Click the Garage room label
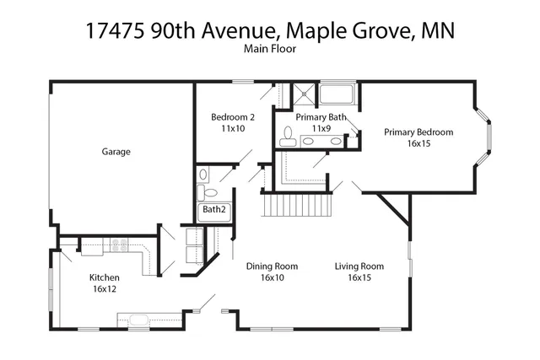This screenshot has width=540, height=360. (116, 152)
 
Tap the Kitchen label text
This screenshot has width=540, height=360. (105, 277)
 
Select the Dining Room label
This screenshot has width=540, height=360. (266, 266)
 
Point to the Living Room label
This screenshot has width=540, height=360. (359, 266)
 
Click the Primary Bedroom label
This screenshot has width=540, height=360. (418, 132)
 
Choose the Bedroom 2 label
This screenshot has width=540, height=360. (233, 116)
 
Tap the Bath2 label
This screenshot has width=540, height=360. (213, 209)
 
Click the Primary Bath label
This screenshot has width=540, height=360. (320, 116)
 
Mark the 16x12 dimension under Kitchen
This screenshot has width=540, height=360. (105, 289)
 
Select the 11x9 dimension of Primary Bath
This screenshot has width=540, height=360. (320, 128)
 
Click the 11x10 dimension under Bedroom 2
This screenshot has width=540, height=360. (233, 128)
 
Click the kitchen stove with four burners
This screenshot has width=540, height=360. (118, 246)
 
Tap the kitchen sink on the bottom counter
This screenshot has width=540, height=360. (135, 320)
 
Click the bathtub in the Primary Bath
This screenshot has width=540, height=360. (337, 93)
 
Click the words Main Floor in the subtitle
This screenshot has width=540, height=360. (269, 49)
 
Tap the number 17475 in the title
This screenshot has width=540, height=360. (115, 30)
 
